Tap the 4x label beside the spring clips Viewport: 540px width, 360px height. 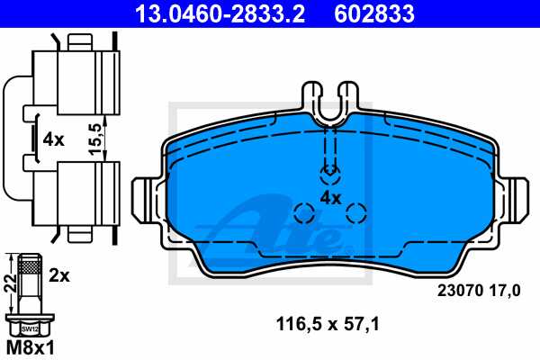[53, 139]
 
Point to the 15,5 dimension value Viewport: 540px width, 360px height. [94, 139]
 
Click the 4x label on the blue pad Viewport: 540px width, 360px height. [330, 196]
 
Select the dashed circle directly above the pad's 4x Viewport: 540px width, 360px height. [331, 171]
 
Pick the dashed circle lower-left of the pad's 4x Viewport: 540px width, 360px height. [304, 214]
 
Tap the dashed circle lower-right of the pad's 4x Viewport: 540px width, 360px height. [357, 213]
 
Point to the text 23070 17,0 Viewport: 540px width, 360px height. [479, 290]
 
